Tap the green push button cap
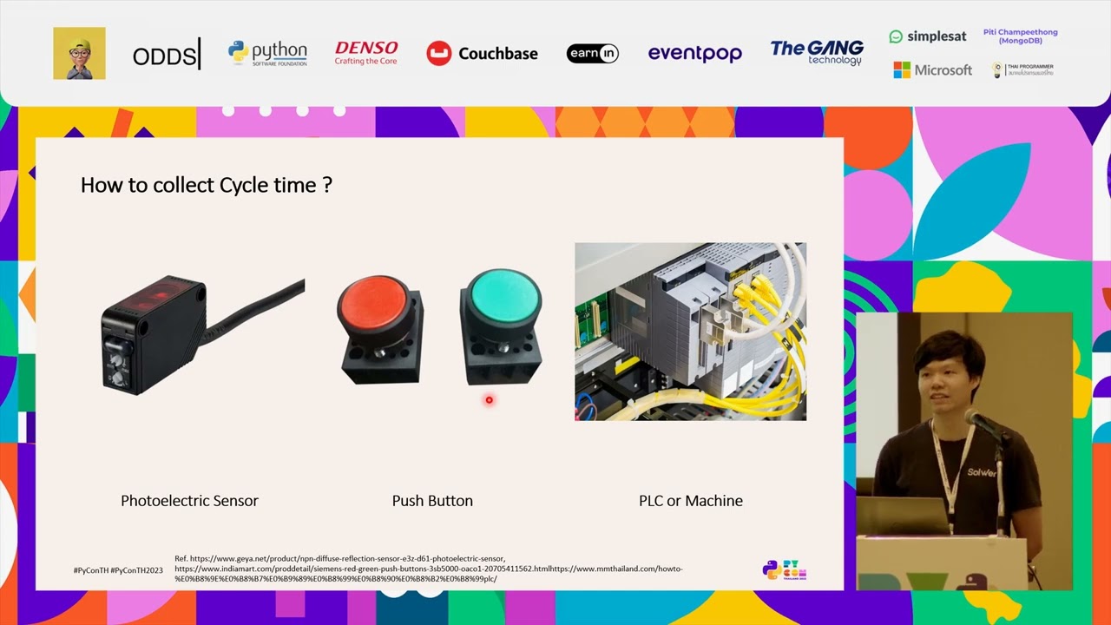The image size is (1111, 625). tap(501, 295)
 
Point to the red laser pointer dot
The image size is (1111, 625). tap(489, 400)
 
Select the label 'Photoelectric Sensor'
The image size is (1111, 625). tap(189, 501)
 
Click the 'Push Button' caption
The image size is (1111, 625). tap(432, 501)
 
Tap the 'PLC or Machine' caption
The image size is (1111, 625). tap(691, 501)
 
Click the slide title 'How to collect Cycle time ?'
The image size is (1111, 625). tap(206, 185)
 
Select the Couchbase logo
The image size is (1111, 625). tap(482, 54)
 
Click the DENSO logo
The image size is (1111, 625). tap(365, 53)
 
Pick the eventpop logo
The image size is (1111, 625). tap(694, 54)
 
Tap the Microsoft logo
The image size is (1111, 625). tap(932, 70)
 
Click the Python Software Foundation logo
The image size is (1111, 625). tap(267, 53)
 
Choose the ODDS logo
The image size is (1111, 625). tap(166, 56)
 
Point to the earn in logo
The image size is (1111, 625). tap(592, 54)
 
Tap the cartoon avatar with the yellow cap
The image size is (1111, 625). tap(79, 53)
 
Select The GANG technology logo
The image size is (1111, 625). tap(817, 52)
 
